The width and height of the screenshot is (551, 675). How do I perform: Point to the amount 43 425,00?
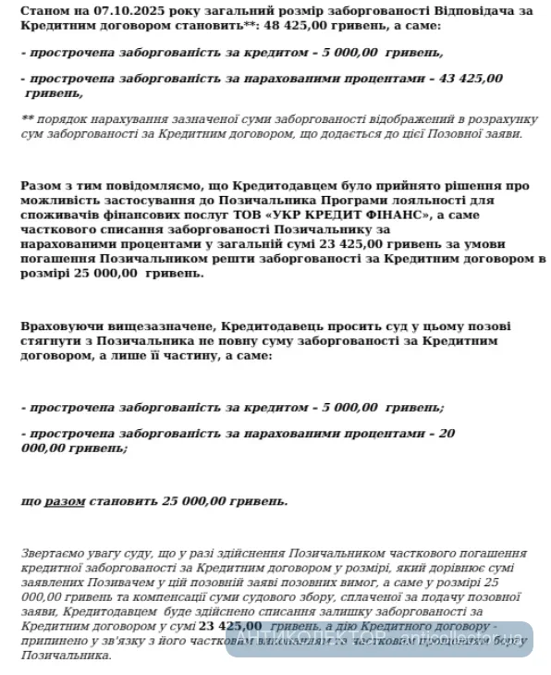click(469, 79)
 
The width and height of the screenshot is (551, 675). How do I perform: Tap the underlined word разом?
click(66, 501)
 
